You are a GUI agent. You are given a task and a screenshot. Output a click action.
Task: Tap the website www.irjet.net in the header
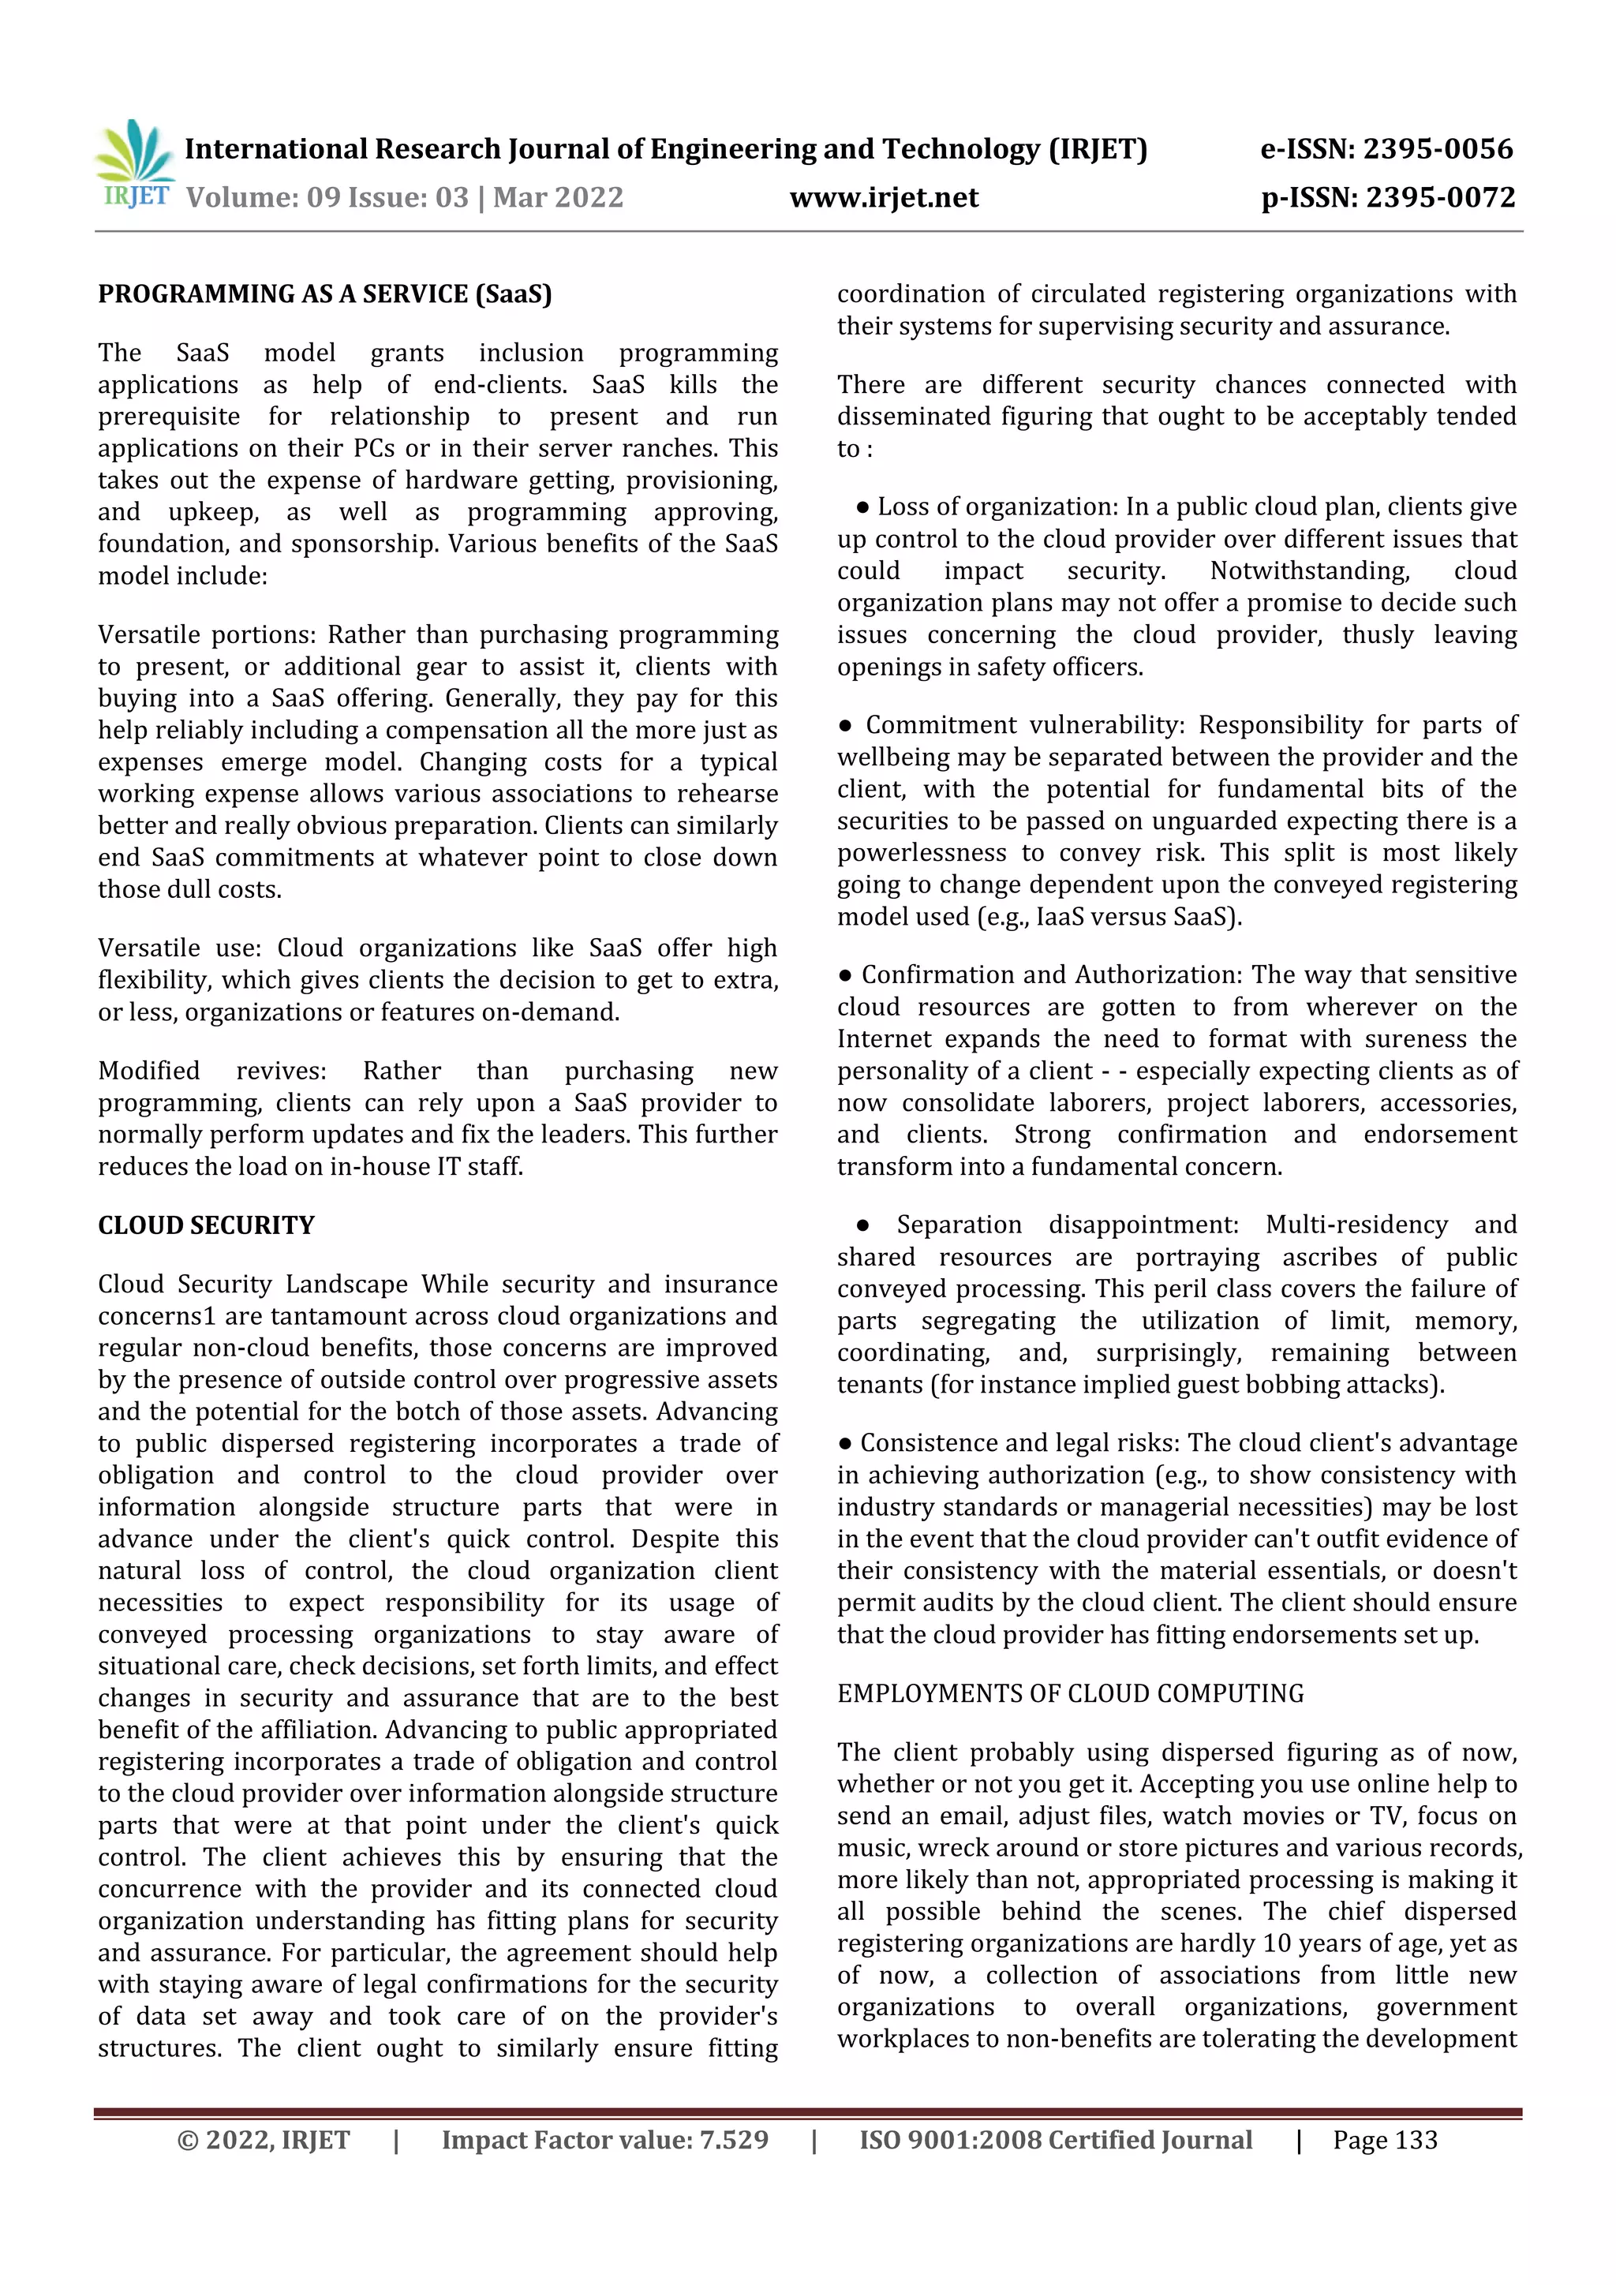pos(884,198)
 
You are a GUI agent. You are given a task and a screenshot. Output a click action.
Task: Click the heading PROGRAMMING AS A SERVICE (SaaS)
pos(324,294)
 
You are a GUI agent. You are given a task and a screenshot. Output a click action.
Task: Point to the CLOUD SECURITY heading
pos(206,1225)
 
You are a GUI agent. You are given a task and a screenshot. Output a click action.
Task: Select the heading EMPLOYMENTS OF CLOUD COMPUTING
pos(1070,1694)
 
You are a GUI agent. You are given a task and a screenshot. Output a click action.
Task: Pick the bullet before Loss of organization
pos(862,507)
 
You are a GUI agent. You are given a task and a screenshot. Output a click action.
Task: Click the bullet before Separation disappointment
pos(862,1225)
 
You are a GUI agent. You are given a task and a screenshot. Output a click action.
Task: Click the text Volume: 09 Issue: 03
pos(327,198)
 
